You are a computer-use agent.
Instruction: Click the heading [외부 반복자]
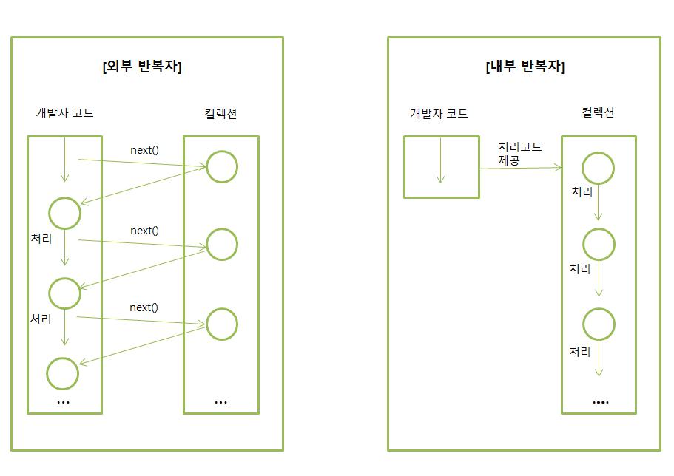(x=142, y=67)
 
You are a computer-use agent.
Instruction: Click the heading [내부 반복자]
(x=525, y=67)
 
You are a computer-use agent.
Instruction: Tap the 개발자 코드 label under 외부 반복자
(x=65, y=113)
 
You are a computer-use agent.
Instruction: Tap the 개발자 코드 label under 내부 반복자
(x=439, y=113)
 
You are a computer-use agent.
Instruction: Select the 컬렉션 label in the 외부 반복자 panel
(x=220, y=113)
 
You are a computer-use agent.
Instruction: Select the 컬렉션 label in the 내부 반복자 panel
(x=598, y=112)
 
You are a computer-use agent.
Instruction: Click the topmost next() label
(x=144, y=150)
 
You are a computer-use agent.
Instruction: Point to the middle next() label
(x=144, y=231)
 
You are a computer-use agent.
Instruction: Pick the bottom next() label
(x=144, y=307)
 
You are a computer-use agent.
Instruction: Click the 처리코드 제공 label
(x=520, y=152)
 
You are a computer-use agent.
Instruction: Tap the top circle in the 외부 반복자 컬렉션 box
(x=222, y=167)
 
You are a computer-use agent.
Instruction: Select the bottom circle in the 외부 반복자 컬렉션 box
(x=222, y=324)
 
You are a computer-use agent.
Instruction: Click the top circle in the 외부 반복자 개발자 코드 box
(x=64, y=213)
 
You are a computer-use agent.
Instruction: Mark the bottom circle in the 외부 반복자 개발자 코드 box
(x=63, y=373)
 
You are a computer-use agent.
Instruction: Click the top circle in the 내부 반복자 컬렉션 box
(x=599, y=168)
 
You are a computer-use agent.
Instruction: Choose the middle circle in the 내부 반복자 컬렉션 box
(x=599, y=245)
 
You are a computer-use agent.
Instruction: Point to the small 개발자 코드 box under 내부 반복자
(x=441, y=166)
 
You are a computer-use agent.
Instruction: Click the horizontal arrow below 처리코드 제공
(x=520, y=169)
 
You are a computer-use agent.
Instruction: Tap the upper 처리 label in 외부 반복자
(x=41, y=239)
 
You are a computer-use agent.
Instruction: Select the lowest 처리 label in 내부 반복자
(x=579, y=351)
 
